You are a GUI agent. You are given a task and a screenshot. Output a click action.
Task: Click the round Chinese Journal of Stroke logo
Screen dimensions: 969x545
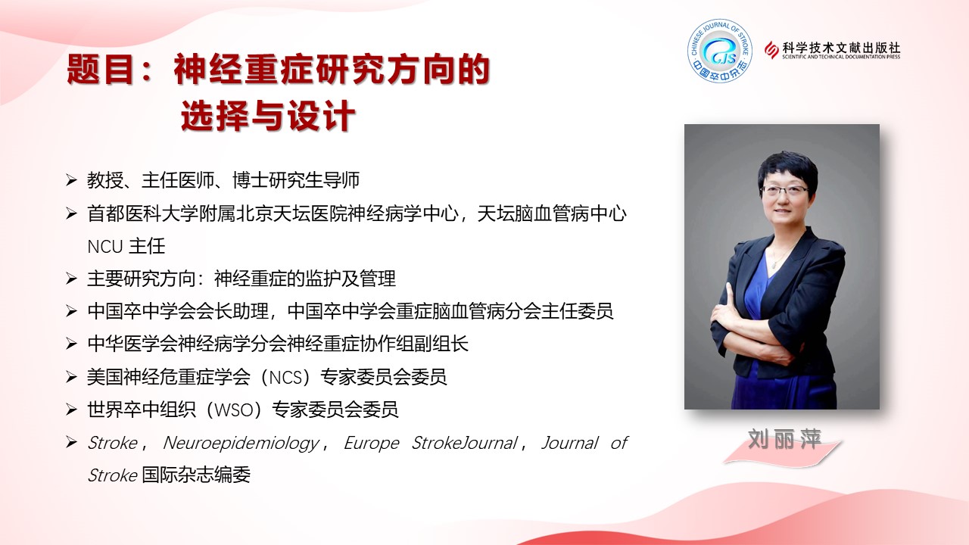(x=720, y=51)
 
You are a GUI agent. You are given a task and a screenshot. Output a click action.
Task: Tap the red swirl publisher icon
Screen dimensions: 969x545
(x=771, y=50)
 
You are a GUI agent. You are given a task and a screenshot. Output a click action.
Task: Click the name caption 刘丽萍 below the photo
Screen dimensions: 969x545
(x=784, y=440)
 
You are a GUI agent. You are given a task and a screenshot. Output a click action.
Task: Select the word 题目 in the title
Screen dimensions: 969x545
(x=99, y=69)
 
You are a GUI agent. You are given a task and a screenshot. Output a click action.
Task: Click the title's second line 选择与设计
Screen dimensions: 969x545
(x=268, y=116)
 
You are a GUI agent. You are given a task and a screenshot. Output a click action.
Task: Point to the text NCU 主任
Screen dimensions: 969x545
(x=126, y=247)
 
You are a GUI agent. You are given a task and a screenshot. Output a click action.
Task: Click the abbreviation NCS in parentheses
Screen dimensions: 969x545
(x=285, y=378)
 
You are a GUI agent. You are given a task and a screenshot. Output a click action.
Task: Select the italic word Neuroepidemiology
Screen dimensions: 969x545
(x=241, y=444)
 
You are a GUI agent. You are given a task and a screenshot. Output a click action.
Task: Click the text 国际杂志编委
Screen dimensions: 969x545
(x=196, y=475)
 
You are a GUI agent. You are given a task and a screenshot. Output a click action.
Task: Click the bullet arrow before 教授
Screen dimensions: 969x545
(x=71, y=180)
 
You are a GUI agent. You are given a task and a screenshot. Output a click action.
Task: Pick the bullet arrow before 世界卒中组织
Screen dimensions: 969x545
(x=71, y=410)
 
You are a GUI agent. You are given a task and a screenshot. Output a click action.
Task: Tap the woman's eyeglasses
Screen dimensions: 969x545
(x=784, y=190)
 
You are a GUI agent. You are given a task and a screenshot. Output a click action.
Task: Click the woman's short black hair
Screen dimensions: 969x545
(x=787, y=169)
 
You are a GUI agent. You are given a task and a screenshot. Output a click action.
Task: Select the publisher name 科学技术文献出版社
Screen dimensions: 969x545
(x=841, y=47)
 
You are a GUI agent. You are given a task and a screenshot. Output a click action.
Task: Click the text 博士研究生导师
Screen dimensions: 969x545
(x=296, y=180)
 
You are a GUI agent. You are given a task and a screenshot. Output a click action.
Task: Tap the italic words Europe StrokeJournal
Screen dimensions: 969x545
(x=431, y=443)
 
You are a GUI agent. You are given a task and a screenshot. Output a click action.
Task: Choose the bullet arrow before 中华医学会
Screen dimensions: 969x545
(x=71, y=344)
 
